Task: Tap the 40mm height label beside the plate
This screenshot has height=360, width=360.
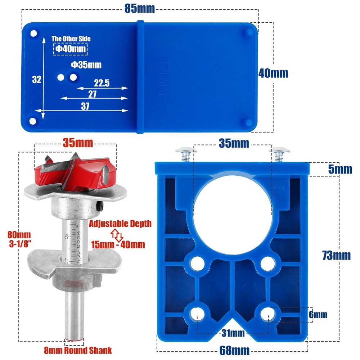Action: [x=273, y=73]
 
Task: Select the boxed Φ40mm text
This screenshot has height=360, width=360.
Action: [x=71, y=49]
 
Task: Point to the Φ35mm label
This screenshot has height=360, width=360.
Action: [x=86, y=65]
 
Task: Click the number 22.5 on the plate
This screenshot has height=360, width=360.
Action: [x=102, y=83]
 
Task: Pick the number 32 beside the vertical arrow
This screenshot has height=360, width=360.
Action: [x=37, y=80]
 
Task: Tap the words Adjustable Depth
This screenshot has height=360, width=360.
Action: [x=120, y=224]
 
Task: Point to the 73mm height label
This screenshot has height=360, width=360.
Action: [x=336, y=255]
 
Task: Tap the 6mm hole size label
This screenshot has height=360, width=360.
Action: [x=318, y=315]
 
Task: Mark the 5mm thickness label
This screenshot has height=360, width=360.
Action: [x=339, y=169]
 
